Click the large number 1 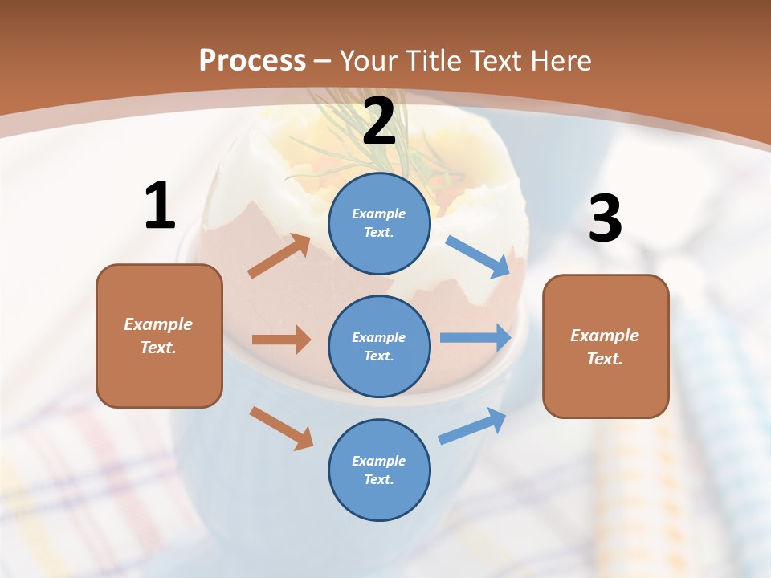[x=160, y=206]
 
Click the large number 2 [x=379, y=121]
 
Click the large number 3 [x=605, y=219]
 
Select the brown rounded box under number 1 [x=159, y=336]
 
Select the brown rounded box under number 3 [x=606, y=346]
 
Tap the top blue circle [x=379, y=223]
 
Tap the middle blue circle [x=379, y=346]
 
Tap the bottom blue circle [x=379, y=470]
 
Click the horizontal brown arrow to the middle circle [x=281, y=340]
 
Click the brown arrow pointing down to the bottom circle [x=281, y=427]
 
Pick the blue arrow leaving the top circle [x=479, y=256]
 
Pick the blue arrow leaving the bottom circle [x=473, y=426]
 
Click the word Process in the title [x=252, y=60]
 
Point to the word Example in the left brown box [x=158, y=324]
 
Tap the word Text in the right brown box [x=604, y=359]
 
